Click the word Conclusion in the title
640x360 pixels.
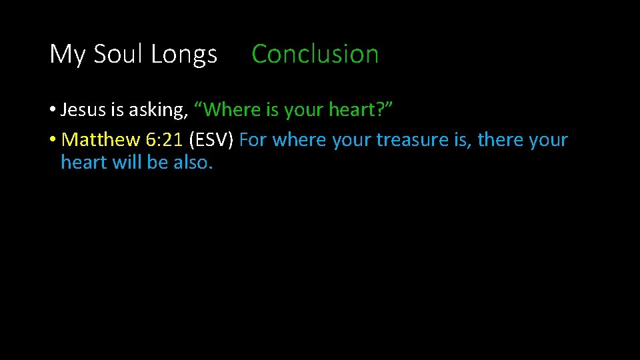click(315, 54)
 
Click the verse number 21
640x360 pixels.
click(171, 140)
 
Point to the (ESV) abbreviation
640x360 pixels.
click(211, 141)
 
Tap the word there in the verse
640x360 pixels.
click(498, 140)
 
